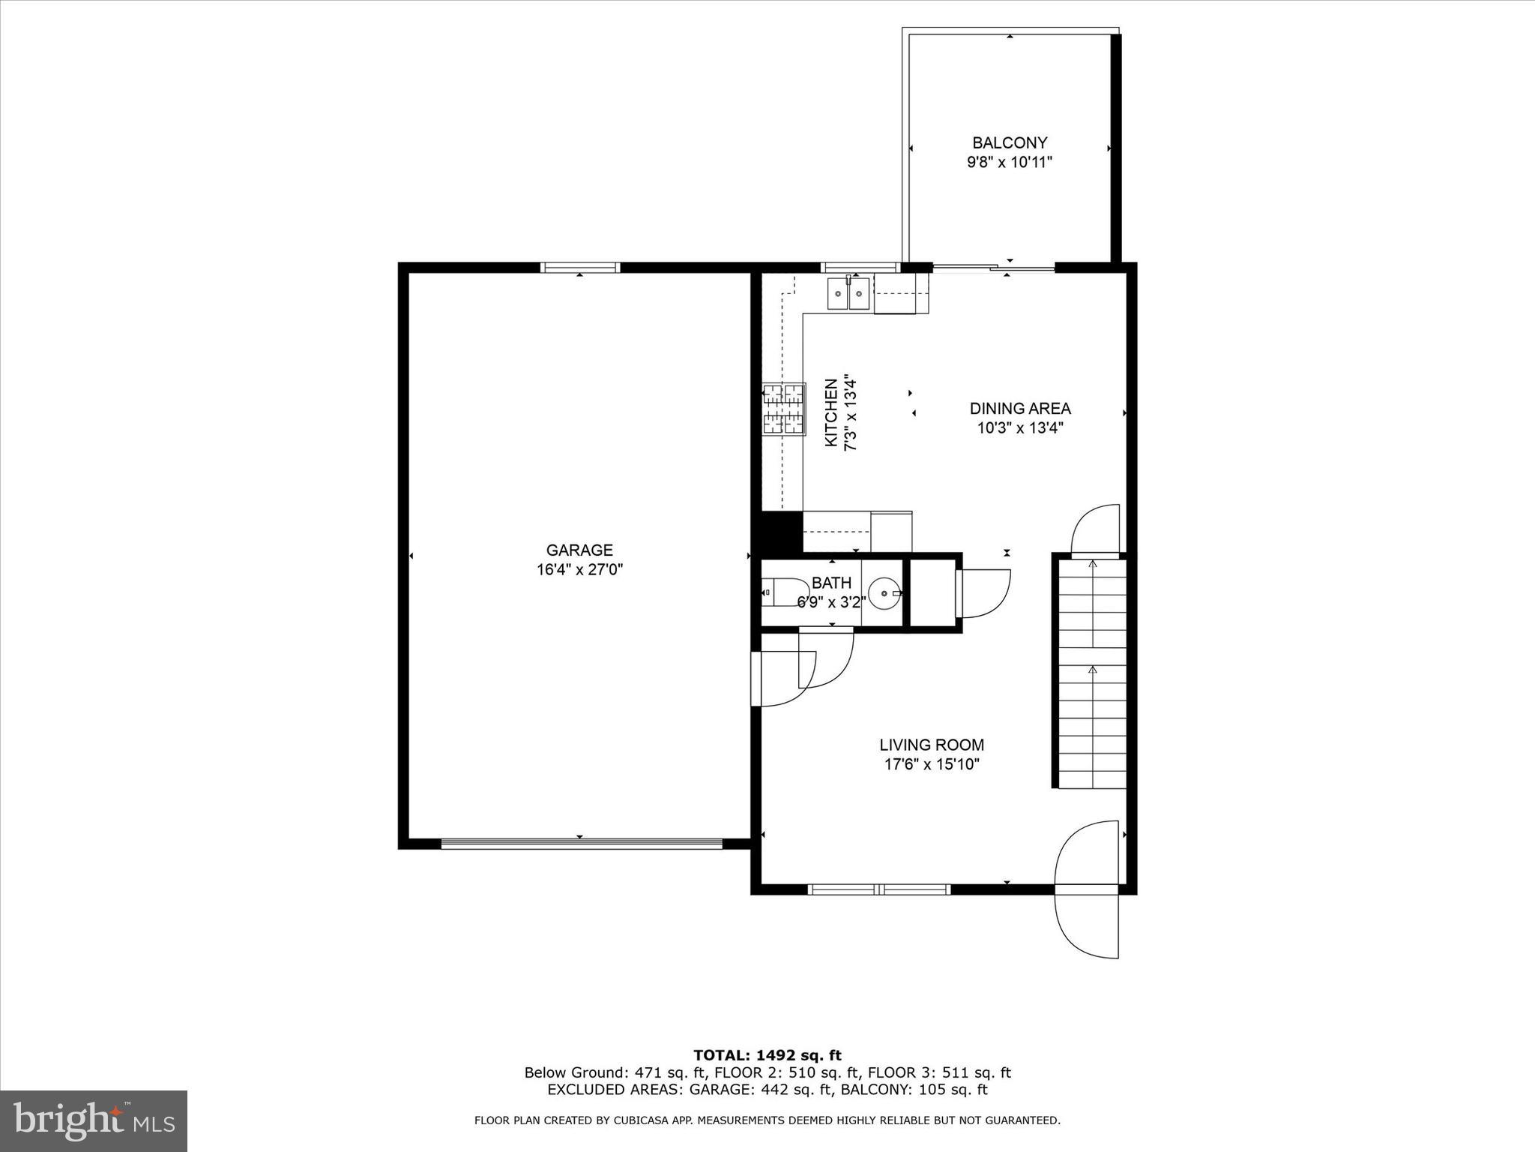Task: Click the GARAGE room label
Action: click(579, 550)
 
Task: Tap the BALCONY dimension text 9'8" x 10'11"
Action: click(1010, 162)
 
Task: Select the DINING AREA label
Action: click(1020, 409)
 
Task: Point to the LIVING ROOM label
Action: click(932, 745)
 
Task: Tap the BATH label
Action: click(831, 583)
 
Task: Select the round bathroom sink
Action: click(885, 593)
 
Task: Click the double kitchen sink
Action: click(848, 293)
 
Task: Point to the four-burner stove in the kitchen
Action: click(784, 409)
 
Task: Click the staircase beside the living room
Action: click(1092, 672)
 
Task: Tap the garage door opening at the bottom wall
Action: click(581, 844)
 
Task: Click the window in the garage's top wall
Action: click(580, 267)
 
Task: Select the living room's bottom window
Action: click(879, 889)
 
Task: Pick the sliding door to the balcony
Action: click(994, 267)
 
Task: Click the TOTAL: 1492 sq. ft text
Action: click(767, 1055)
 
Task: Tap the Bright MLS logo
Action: click(94, 1120)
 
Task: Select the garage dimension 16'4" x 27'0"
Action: click(579, 570)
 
